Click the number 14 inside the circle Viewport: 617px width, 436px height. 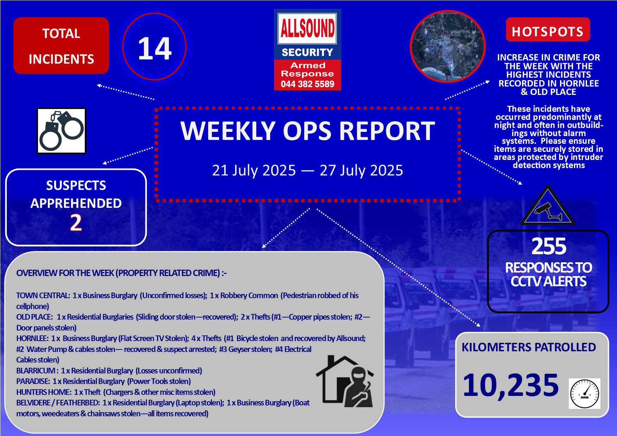(x=155, y=49)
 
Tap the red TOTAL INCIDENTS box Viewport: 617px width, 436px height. (x=61, y=46)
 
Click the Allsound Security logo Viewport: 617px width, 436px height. (x=307, y=50)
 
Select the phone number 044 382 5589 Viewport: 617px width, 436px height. (x=307, y=84)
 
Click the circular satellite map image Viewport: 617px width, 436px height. (x=448, y=46)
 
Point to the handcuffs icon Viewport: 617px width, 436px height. (x=62, y=131)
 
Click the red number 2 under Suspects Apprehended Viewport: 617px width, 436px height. (x=76, y=223)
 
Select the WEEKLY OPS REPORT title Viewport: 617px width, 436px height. (x=308, y=131)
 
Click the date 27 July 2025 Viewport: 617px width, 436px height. (x=361, y=171)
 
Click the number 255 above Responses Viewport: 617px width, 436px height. (x=549, y=246)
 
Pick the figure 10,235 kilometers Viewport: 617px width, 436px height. (x=511, y=385)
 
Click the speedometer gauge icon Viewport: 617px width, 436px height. (x=585, y=394)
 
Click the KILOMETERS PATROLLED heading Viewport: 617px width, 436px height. (x=529, y=347)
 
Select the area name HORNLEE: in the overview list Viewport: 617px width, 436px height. (x=32, y=339)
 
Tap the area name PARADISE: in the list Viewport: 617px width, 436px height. (x=33, y=381)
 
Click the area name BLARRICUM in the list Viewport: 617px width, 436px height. (x=36, y=371)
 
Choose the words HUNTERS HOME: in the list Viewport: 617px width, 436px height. (x=44, y=392)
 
